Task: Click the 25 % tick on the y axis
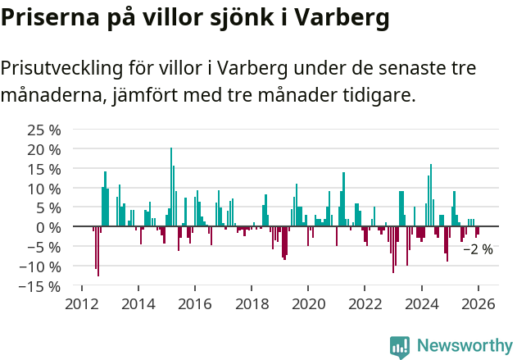(x=44, y=130)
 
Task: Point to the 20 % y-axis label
(x=44, y=149)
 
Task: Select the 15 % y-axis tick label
(x=44, y=169)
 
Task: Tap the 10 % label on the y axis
(x=44, y=189)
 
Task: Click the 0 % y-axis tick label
(x=48, y=227)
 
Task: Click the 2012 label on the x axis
(x=81, y=303)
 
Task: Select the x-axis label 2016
(x=194, y=303)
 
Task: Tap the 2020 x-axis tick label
(x=308, y=303)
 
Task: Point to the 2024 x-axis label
(x=421, y=303)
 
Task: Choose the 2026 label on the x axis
(x=478, y=303)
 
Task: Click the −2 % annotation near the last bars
(x=478, y=249)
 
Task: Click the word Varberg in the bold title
(x=338, y=17)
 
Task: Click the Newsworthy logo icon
(x=400, y=346)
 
